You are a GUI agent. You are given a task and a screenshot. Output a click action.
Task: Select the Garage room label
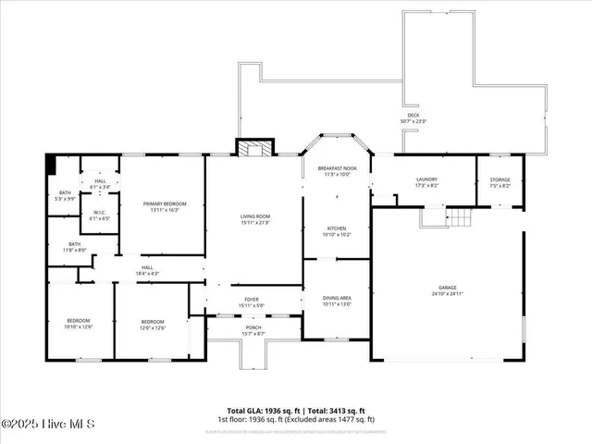447,290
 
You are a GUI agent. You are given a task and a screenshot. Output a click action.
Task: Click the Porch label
253,329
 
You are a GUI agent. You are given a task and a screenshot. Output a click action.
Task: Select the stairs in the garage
458,217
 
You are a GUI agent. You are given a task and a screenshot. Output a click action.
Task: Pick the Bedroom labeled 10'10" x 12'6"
79,323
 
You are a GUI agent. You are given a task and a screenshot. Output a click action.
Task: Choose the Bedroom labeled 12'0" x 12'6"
152,323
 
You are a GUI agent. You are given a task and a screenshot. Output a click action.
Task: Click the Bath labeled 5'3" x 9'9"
64,195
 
